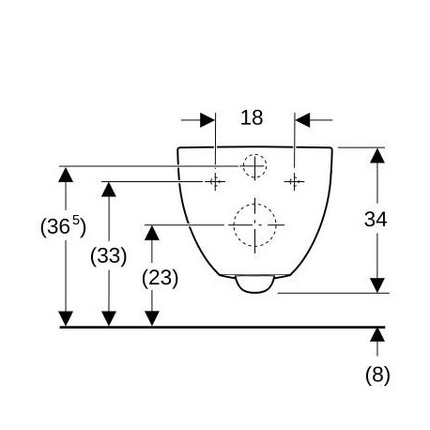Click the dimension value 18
pos(252,117)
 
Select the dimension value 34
pos(376,219)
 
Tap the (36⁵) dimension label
pos(63,226)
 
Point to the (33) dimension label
pos(109,256)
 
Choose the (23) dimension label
pos(160,278)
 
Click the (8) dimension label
pos(377,375)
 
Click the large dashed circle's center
pos(255,224)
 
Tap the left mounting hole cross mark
pos(215,181)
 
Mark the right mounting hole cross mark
pos(294,181)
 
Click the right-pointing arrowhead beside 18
pos(207,120)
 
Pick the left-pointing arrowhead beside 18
pos(302,120)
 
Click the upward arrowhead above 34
pos(377,156)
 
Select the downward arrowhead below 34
pos(377,285)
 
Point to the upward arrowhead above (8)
pos(377,334)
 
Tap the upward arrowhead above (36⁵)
pos(66,175)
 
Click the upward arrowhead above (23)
pos(152,233)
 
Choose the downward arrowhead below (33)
pos(109,318)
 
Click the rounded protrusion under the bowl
pos(255,284)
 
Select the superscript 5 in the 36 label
pos(76,220)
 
